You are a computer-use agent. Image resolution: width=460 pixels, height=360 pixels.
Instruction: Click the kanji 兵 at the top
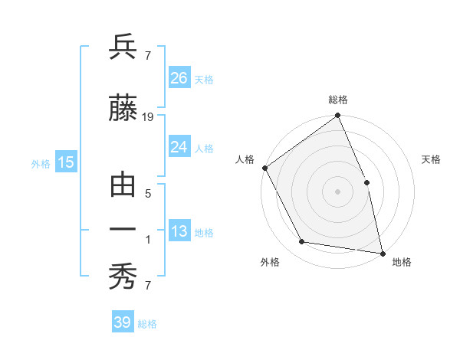[123, 47]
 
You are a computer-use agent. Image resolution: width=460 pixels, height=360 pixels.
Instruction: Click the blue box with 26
[179, 78]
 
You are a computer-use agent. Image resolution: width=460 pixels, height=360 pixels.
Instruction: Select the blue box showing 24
[179, 147]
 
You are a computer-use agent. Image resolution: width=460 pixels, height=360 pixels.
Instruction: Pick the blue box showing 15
[66, 162]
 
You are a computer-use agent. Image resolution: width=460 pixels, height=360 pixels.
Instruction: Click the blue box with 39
[123, 322]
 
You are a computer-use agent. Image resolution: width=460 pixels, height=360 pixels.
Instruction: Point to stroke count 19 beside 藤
[148, 117]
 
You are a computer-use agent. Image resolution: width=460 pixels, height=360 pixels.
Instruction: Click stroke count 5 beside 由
[148, 194]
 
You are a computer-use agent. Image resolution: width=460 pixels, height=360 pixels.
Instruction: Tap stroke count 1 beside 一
[148, 240]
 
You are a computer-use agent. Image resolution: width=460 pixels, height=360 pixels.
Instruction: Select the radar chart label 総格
[338, 100]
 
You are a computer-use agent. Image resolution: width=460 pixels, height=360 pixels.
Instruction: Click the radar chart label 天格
[431, 159]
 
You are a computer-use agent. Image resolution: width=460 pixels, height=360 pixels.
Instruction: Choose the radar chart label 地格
[402, 262]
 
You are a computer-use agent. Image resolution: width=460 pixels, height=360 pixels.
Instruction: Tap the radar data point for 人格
[264, 168]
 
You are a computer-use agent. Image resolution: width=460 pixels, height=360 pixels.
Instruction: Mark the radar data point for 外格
[302, 242]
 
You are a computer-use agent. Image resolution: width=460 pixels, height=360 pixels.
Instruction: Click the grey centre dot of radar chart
[337, 191]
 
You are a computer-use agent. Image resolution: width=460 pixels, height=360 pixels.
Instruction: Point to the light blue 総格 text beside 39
[147, 324]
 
